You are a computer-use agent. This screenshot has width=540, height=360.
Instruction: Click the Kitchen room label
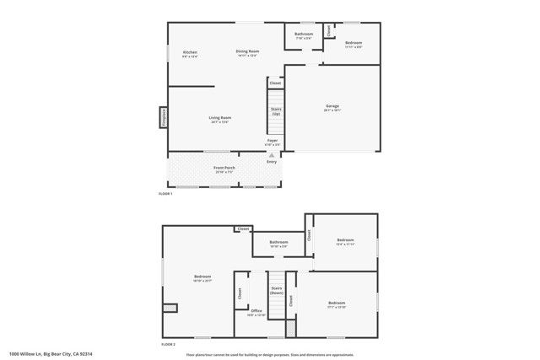pos(190,53)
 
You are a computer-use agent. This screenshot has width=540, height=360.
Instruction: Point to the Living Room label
pos(220,118)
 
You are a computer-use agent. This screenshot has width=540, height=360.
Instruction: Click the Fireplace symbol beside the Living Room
pos(164,118)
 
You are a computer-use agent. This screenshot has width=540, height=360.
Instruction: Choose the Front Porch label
pos(224,169)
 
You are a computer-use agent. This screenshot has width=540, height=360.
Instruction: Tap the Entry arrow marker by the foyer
pos(271,155)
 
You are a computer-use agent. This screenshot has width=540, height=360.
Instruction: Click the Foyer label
pos(272,141)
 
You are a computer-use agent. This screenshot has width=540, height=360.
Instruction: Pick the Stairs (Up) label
pos(275,111)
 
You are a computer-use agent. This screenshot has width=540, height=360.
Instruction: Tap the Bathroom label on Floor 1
pos(304,35)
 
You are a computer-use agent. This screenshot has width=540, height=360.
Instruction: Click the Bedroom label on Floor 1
pos(353,43)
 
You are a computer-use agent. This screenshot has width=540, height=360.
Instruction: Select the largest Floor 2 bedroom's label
pos(202,277)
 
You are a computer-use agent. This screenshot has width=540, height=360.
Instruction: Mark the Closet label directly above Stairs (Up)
pos(275,83)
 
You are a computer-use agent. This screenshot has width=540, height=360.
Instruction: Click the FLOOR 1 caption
pos(165,194)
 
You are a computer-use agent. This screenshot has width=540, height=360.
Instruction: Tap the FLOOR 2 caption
pos(168,344)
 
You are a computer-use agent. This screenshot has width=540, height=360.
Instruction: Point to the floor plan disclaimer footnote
pos(270,354)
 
